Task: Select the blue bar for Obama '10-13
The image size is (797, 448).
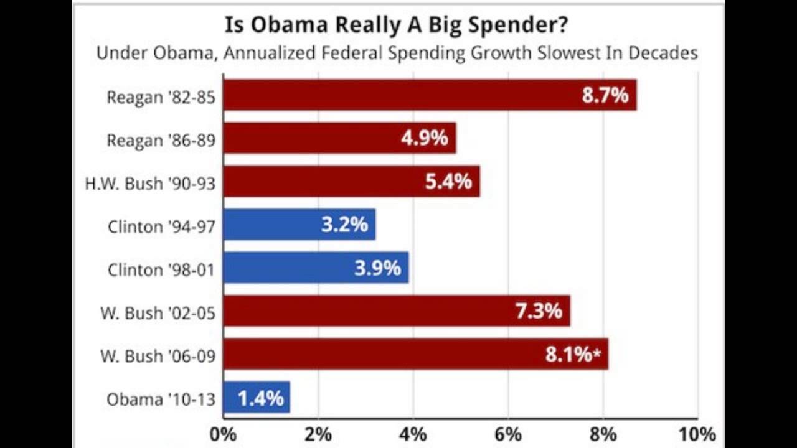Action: (256, 398)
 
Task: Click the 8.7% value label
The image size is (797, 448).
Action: (605, 96)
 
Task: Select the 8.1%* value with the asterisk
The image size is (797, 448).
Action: (573, 355)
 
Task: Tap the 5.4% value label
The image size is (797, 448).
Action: (448, 182)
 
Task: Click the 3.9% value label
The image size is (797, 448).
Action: (377, 268)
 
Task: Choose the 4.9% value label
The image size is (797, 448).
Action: (425, 138)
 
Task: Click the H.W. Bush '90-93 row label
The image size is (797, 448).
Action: (150, 184)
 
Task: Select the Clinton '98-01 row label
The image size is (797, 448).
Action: (161, 270)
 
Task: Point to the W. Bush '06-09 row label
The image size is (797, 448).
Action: (158, 357)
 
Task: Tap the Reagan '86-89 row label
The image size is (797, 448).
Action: (161, 141)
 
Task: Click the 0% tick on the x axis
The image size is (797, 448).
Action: (224, 434)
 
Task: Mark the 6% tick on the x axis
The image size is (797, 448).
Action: (507, 434)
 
